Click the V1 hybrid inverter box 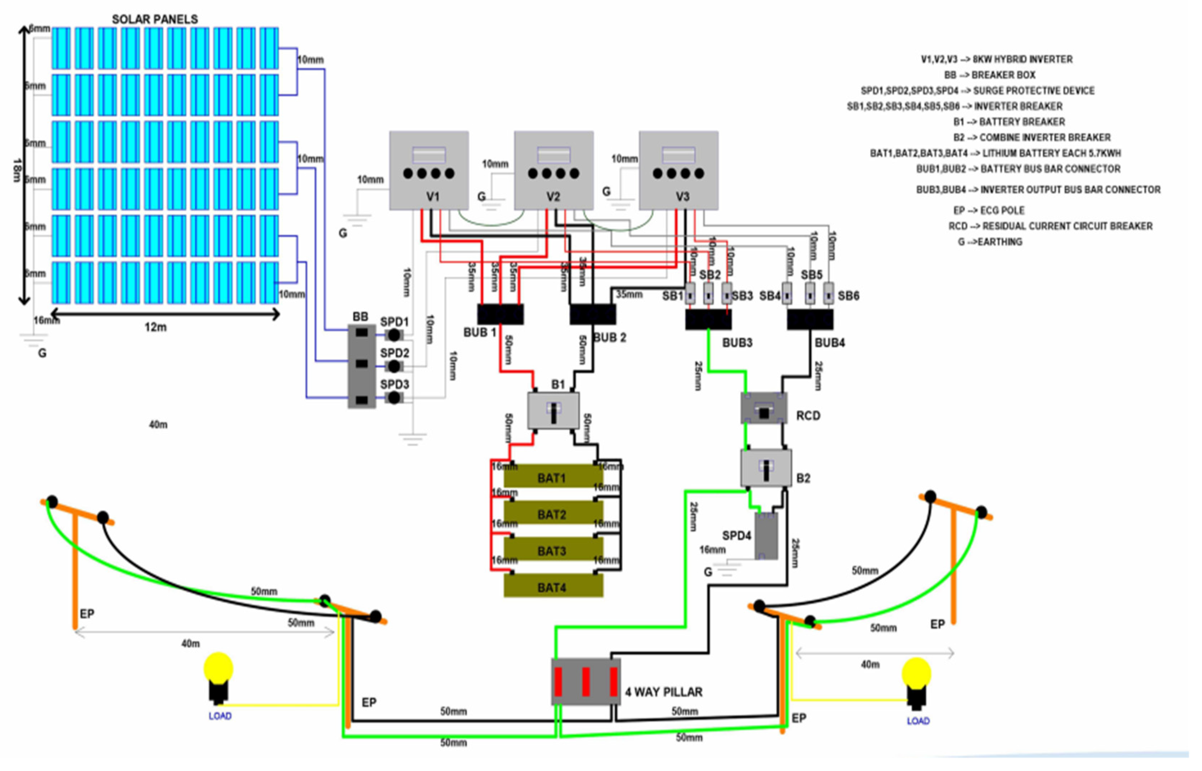coord(429,170)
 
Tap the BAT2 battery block coord(553,514)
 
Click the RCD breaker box coord(763,408)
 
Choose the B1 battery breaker coord(554,411)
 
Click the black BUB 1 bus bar coord(500,314)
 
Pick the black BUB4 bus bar coord(810,319)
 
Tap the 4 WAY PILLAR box coord(586,682)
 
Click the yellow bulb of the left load coord(218,668)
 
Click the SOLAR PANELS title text coord(155,19)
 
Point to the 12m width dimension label coord(156,327)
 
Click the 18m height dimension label coord(17,170)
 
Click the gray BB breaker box coord(361,365)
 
